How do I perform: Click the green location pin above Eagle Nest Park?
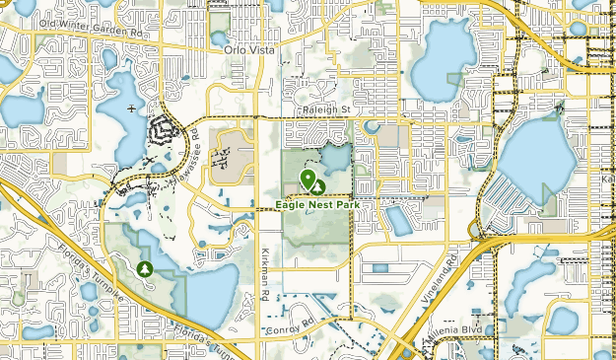point(308,179)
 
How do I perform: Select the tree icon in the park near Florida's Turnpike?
point(147,267)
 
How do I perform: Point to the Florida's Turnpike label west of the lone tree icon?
point(77,259)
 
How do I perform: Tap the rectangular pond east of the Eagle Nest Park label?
point(400,219)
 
